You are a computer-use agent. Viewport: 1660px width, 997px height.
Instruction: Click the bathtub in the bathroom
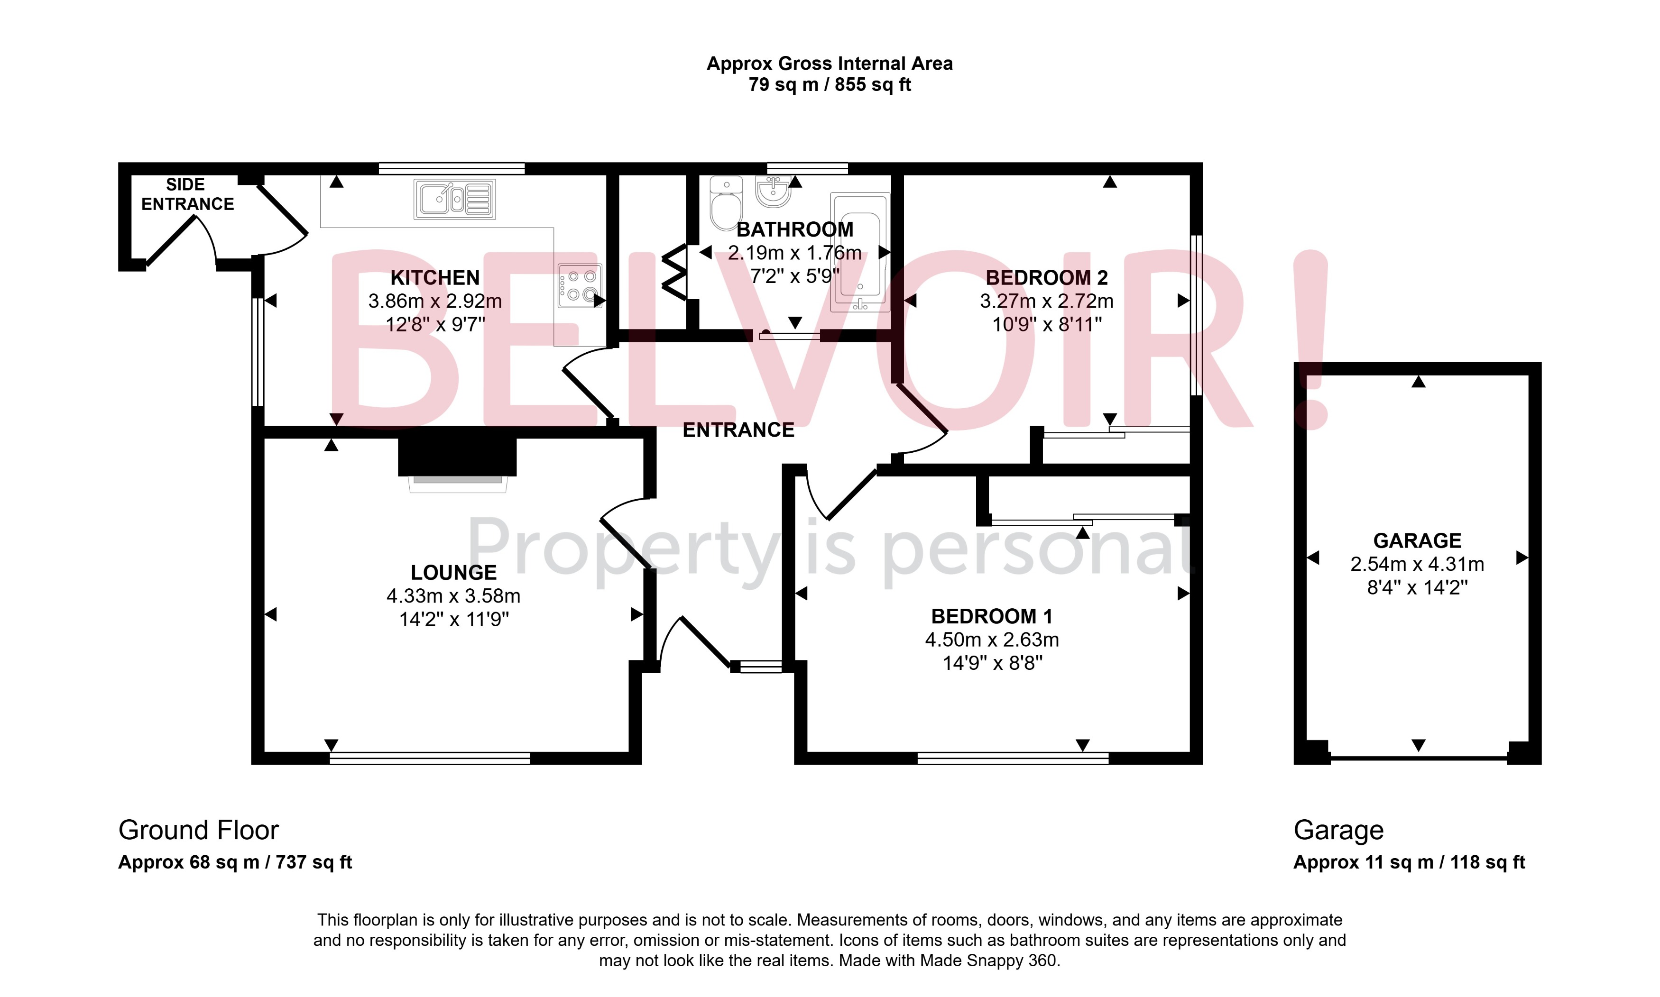click(x=860, y=253)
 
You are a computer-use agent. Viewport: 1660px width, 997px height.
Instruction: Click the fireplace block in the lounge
click(x=457, y=457)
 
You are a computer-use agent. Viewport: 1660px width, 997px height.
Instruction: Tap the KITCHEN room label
click(x=435, y=277)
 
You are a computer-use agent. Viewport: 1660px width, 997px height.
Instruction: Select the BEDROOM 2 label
click(x=1046, y=277)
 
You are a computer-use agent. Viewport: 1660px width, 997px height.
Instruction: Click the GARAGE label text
click(x=1417, y=541)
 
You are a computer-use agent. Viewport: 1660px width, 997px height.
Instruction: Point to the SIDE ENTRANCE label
click(x=187, y=194)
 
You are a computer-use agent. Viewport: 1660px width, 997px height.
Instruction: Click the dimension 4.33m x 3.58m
click(x=453, y=596)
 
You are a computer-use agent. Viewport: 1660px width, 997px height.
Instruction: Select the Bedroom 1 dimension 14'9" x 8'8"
click(x=992, y=663)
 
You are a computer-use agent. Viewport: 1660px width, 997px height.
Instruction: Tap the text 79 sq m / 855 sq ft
click(x=830, y=85)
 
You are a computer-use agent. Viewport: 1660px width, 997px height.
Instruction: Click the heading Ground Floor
click(x=198, y=831)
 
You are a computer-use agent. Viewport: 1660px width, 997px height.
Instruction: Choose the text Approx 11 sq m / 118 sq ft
click(x=1409, y=863)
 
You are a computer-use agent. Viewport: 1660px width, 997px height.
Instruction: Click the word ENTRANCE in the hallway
click(x=738, y=430)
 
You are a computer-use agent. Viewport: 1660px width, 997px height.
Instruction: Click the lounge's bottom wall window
click(x=430, y=759)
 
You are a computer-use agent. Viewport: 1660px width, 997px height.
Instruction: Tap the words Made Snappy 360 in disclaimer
click(x=988, y=960)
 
